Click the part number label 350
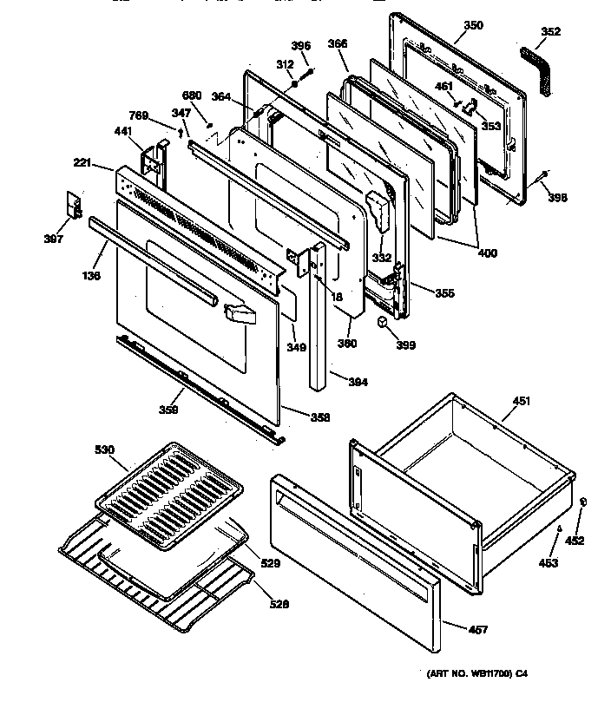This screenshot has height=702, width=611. pos(473,25)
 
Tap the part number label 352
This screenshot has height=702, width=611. pos(550,32)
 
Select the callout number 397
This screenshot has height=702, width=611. pos(54,239)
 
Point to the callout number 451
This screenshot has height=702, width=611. pos(522,401)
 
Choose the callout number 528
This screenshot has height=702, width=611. pos(279,605)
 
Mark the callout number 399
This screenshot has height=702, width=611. pos(405,344)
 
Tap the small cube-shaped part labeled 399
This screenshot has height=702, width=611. pos(382,323)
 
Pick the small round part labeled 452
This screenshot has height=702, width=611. pos(581,502)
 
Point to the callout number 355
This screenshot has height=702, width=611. pos(444,293)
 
